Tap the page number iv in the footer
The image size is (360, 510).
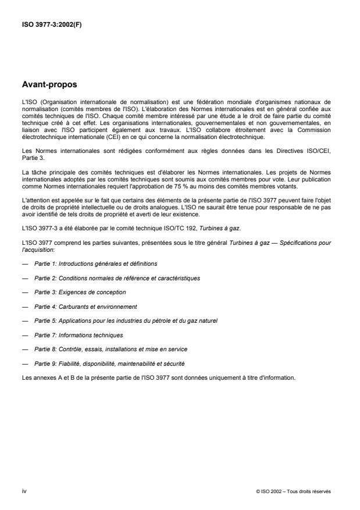click(23, 491)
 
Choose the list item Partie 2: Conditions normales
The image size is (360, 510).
click(117, 278)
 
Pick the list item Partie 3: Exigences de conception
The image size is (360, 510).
click(80, 292)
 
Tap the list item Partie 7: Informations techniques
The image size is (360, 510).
click(79, 334)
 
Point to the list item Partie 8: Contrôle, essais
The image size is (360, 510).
click(111, 348)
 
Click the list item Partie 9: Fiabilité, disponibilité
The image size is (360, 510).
click(109, 363)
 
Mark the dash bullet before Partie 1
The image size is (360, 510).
click(24, 264)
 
